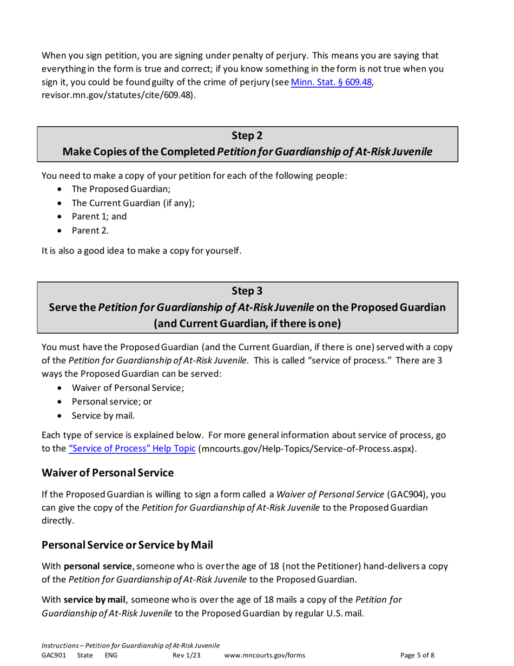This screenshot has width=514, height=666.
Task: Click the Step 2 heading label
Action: pos(247,135)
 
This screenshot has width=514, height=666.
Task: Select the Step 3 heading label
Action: pos(247,291)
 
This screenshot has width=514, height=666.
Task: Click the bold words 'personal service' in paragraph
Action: pos(98,565)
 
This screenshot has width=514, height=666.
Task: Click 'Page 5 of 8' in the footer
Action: pos(417,655)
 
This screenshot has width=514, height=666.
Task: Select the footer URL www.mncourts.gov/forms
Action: pos(264,655)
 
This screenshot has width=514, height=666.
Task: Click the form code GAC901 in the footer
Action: pos(54,655)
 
